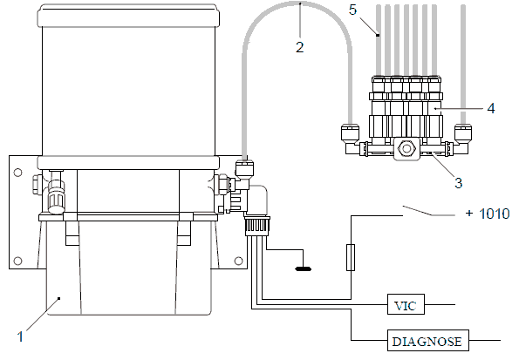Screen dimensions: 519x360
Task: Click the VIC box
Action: click(x=406, y=304)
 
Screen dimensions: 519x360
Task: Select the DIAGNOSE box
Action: click(x=428, y=340)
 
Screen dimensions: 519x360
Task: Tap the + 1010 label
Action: click(x=488, y=214)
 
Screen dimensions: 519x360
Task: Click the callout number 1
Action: click(x=21, y=336)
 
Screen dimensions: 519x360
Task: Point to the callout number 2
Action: click(x=299, y=47)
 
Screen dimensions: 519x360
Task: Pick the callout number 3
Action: click(x=459, y=183)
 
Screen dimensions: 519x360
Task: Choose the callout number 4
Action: click(x=491, y=108)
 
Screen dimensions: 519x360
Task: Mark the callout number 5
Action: click(x=353, y=10)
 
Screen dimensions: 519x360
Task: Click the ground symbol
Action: click(x=304, y=268)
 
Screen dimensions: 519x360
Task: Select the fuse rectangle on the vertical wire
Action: click(x=351, y=257)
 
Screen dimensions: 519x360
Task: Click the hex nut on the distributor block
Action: click(x=406, y=148)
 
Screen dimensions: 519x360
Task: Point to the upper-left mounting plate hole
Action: click(x=17, y=173)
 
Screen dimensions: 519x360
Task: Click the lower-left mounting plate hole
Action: click(x=17, y=262)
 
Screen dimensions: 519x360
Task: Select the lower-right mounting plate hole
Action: click(x=238, y=262)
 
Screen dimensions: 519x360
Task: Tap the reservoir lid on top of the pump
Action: click(x=128, y=16)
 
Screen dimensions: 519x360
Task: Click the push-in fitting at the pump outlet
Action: click(x=245, y=167)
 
